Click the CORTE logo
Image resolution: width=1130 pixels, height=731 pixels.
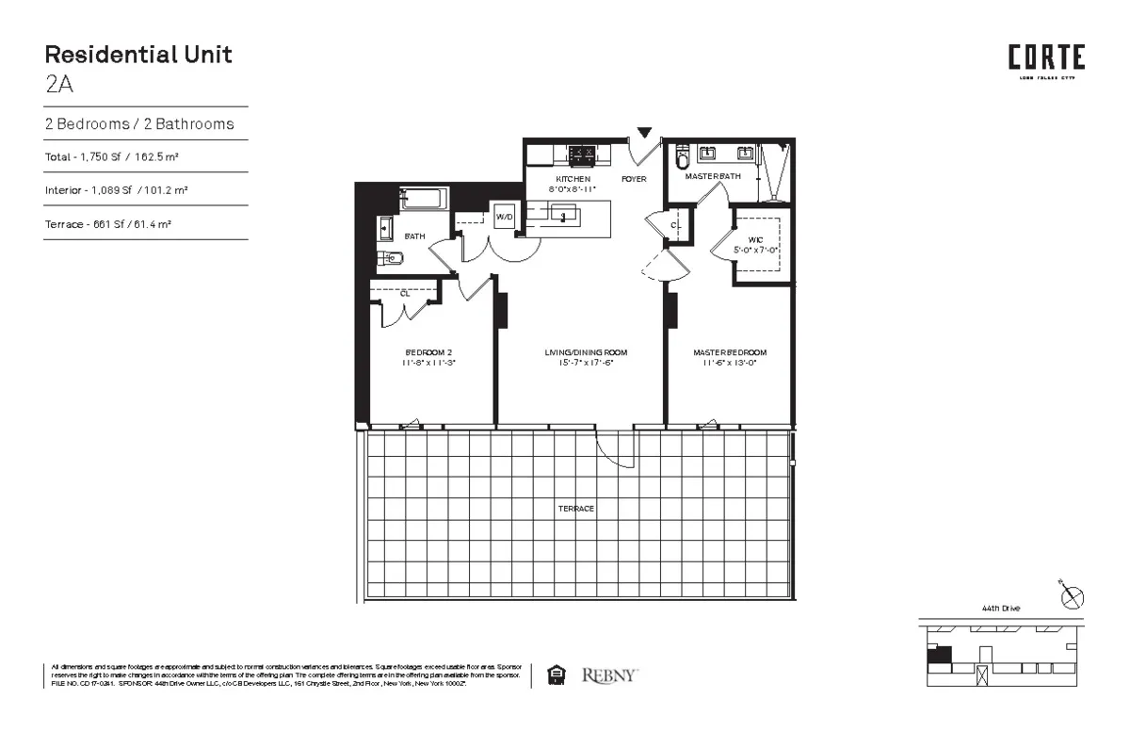[x=1046, y=59]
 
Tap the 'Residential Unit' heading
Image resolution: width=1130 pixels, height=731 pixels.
[x=137, y=54]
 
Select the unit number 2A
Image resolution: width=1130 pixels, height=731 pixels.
[x=58, y=84]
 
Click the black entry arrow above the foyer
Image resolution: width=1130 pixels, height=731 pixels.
[x=644, y=133]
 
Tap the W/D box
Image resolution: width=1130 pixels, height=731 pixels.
[x=504, y=216]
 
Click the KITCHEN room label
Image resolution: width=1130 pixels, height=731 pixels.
[x=573, y=178]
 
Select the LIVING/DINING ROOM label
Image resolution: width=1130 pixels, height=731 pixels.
[x=585, y=353]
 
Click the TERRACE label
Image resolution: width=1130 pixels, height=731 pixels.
[x=575, y=509]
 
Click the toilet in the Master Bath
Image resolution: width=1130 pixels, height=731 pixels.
[x=683, y=159]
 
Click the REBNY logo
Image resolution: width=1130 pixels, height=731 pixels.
[x=609, y=674]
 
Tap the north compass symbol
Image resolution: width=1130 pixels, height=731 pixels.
[x=1073, y=596]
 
